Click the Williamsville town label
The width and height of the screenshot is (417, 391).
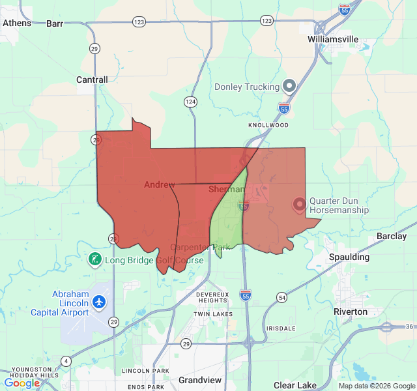[333, 39]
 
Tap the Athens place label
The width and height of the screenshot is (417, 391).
[17, 23]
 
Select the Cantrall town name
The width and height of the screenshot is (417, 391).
[92, 80]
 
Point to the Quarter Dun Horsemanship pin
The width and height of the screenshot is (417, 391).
[300, 205]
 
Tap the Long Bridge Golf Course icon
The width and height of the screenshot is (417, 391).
[94, 260]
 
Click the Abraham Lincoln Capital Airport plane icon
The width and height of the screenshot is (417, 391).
[98, 302]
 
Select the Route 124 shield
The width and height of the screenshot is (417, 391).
[190, 102]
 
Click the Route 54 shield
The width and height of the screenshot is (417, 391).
[281, 297]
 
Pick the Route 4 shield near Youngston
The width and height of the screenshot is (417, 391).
[66, 360]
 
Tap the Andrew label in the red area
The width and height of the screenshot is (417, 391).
[160, 185]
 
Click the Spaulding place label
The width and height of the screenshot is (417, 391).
[349, 257]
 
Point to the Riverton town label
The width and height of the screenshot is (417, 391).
[351, 311]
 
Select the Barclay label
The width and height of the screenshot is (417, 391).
[392, 236]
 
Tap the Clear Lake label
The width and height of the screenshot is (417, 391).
[295, 385]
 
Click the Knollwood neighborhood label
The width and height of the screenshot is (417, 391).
[268, 124]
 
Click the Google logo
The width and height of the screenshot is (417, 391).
[22, 383]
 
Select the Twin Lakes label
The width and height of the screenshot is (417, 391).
[213, 314]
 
